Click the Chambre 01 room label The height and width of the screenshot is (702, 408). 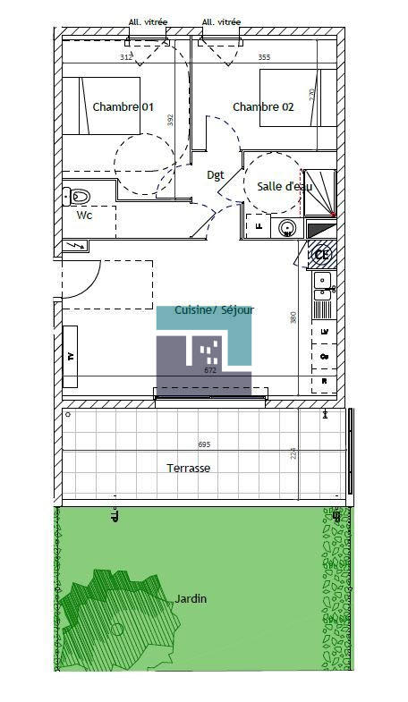(123, 107)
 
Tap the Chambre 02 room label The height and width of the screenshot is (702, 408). (263, 107)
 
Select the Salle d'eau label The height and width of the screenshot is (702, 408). (285, 187)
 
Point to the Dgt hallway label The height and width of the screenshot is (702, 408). (216, 175)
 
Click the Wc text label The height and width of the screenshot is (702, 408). (84, 216)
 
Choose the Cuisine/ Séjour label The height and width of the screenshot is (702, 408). (214, 310)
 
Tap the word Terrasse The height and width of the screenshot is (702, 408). (189, 468)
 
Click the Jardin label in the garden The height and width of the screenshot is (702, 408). (191, 598)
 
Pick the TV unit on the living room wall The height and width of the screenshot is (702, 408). (71, 355)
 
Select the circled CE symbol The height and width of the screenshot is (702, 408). (322, 254)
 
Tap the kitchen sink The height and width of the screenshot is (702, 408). (323, 285)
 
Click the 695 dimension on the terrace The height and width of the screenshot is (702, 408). (204, 444)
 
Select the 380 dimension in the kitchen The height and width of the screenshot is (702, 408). (293, 317)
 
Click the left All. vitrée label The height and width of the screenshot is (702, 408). (147, 23)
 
